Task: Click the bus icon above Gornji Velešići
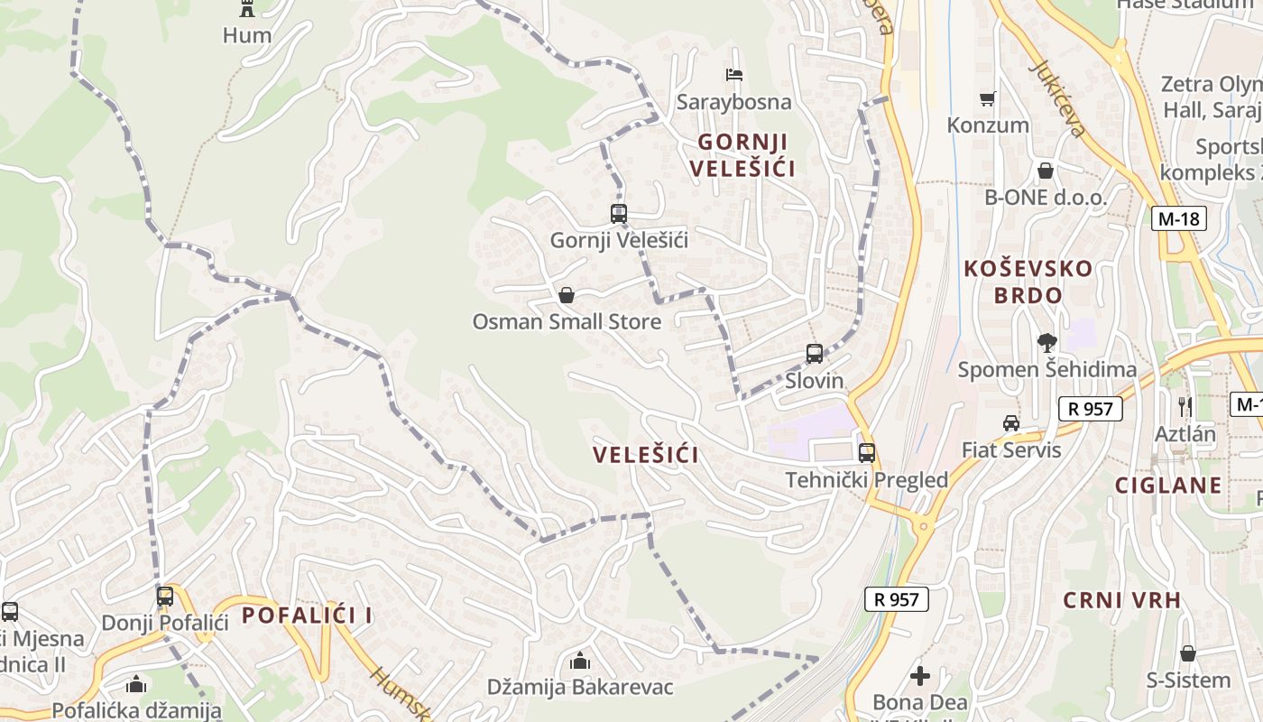click(x=618, y=214)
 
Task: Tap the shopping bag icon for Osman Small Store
click(x=567, y=295)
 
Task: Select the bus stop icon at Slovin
click(x=815, y=354)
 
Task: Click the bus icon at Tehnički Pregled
click(x=867, y=453)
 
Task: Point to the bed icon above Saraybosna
click(x=734, y=75)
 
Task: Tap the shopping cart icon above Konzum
click(x=988, y=98)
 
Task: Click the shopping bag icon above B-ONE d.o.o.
click(x=1046, y=171)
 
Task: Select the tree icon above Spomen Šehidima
click(x=1046, y=343)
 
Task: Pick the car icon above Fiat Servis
click(x=1011, y=423)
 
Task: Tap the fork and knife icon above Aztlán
click(x=1185, y=406)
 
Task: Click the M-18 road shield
click(x=1179, y=218)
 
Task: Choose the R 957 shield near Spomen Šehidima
click(x=1091, y=409)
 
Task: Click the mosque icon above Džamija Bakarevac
click(x=580, y=662)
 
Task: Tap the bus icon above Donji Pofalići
click(x=164, y=597)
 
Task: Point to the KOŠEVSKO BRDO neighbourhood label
click(x=1028, y=282)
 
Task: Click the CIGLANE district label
click(x=1168, y=486)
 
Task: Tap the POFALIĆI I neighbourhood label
click(x=307, y=616)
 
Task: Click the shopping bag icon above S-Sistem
click(x=1188, y=653)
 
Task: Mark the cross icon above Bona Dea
click(x=920, y=675)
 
